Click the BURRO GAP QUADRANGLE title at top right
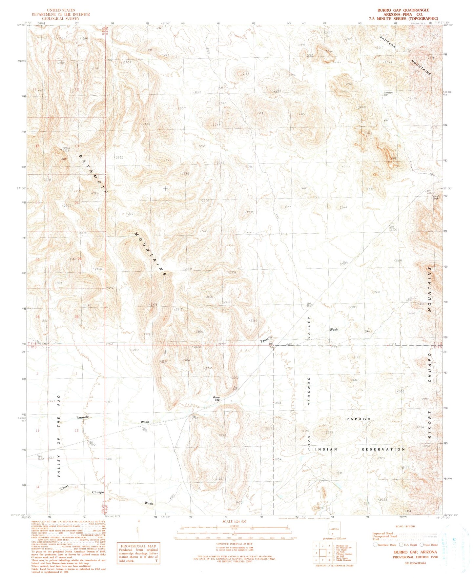(403, 10)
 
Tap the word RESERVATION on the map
(383, 449)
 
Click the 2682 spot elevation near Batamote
(119, 157)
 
